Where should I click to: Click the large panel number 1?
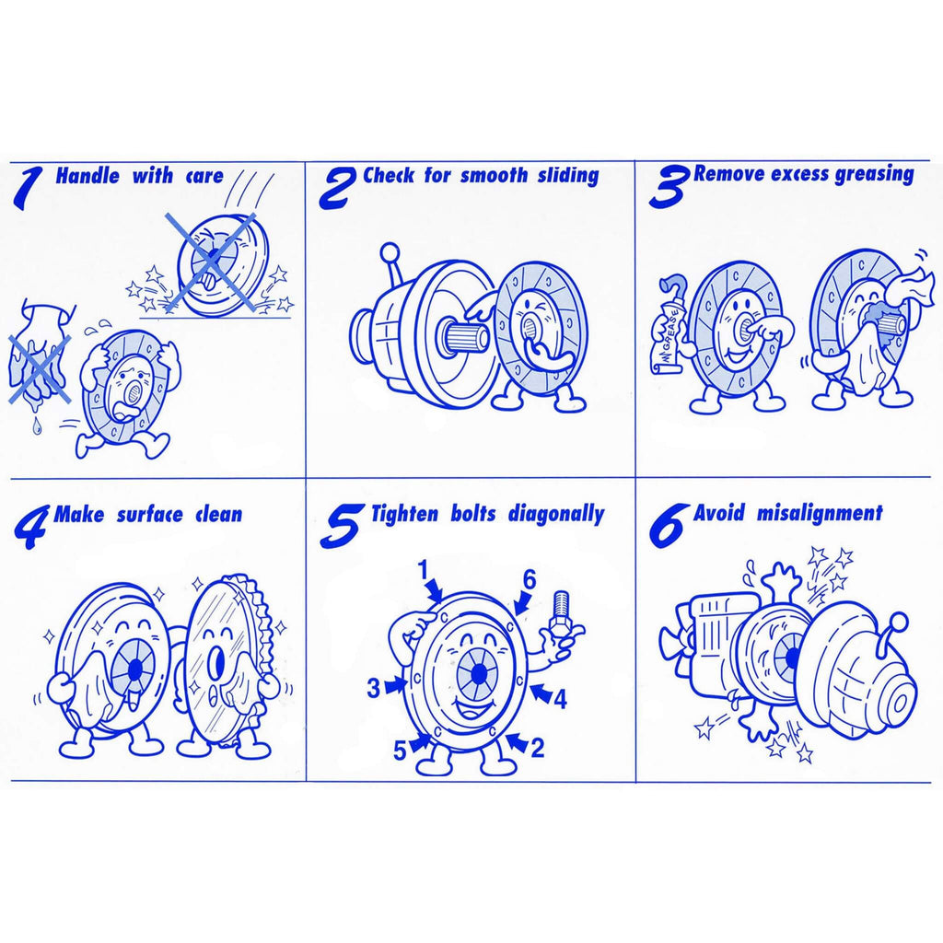tap(29, 189)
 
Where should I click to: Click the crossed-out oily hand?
tap(39, 356)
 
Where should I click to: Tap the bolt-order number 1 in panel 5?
tap(425, 569)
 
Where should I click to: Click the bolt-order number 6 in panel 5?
tap(529, 580)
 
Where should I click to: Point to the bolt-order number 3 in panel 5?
tap(374, 687)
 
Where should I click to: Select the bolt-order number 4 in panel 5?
tap(560, 700)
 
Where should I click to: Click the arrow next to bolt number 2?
tap(516, 741)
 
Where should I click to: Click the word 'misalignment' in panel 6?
tap(820, 513)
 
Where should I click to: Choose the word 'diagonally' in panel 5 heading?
tap(556, 515)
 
